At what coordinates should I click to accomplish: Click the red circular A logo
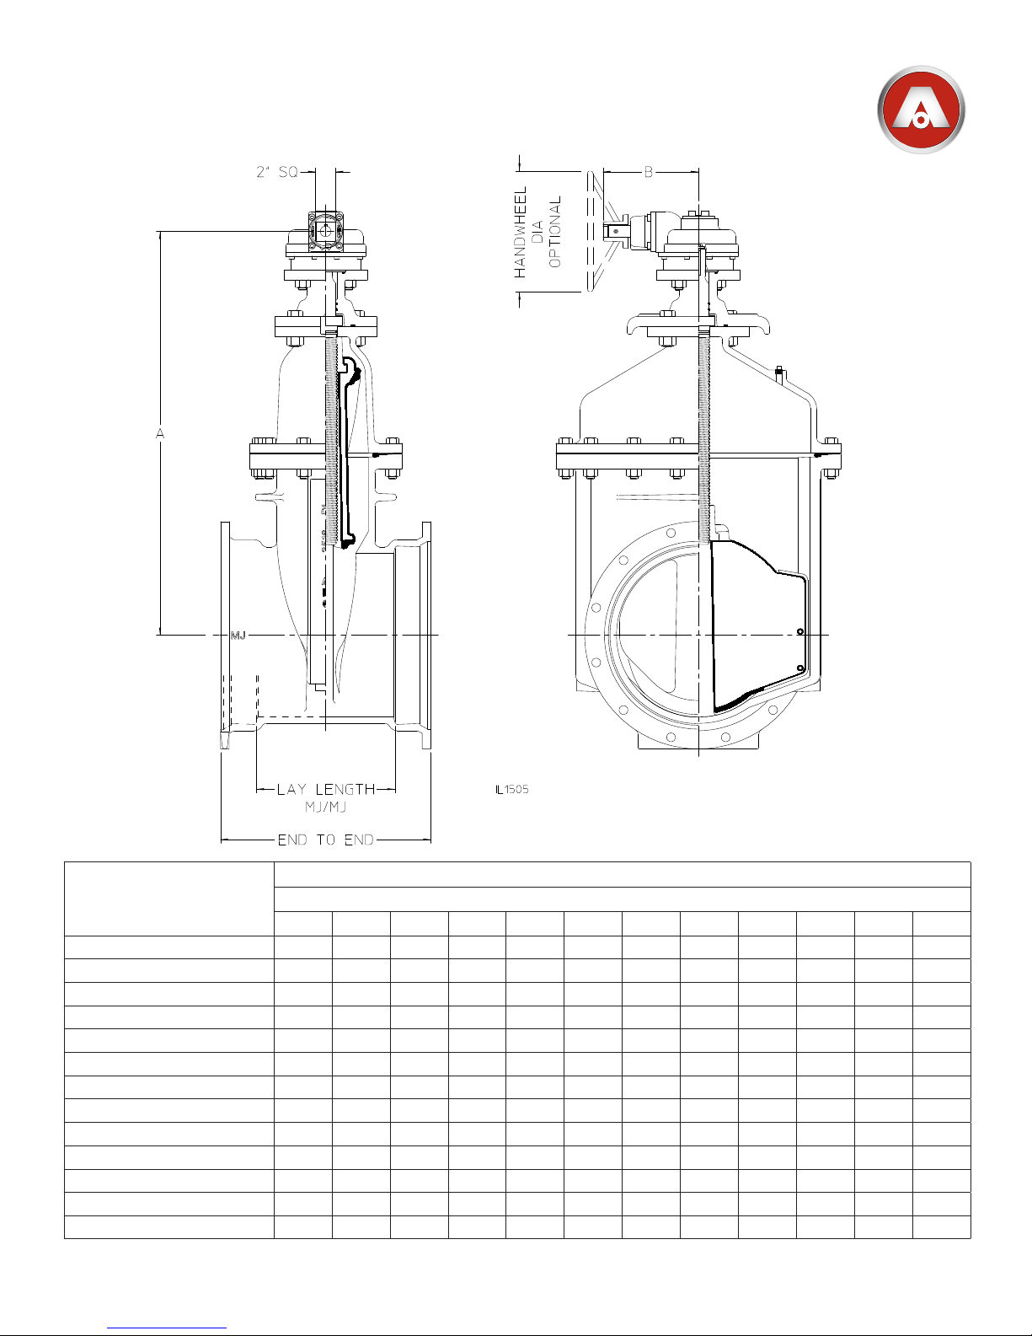pos(921,110)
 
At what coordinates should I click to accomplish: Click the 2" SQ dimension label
pos(277,172)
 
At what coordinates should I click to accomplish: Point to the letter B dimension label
pos(649,173)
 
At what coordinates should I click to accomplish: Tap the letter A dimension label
pos(160,433)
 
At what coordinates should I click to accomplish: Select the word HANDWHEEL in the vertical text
pos(521,233)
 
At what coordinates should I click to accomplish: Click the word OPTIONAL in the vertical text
pos(555,232)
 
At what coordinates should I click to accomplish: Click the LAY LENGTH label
pos(325,790)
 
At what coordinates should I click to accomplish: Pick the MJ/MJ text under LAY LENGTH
pos(325,808)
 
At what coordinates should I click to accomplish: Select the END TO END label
pos(325,840)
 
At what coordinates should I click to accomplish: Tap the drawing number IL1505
pos(511,790)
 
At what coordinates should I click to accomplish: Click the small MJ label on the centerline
pos(238,636)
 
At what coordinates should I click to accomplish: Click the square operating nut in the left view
pos(325,231)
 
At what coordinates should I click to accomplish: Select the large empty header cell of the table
pos(169,899)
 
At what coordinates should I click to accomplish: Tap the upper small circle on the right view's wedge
pos(800,631)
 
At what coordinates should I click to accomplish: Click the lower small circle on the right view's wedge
pos(800,668)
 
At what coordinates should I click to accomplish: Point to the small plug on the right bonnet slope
pos(779,374)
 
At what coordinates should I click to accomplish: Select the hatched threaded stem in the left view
pos(332,440)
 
